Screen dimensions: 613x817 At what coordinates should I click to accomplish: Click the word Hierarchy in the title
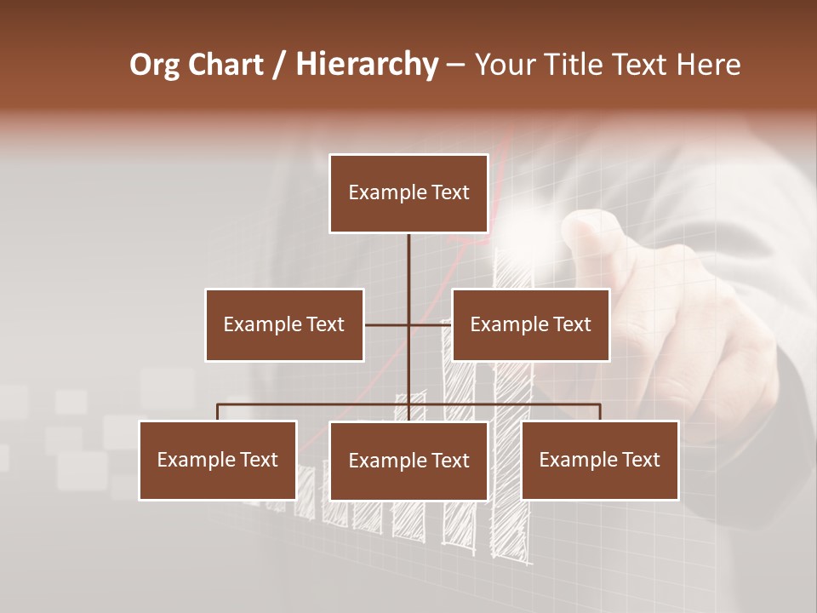367,65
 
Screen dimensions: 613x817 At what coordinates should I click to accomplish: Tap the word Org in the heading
155,65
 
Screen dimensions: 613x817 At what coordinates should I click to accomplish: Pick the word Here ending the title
708,65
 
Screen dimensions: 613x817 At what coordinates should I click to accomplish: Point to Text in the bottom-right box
640,460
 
